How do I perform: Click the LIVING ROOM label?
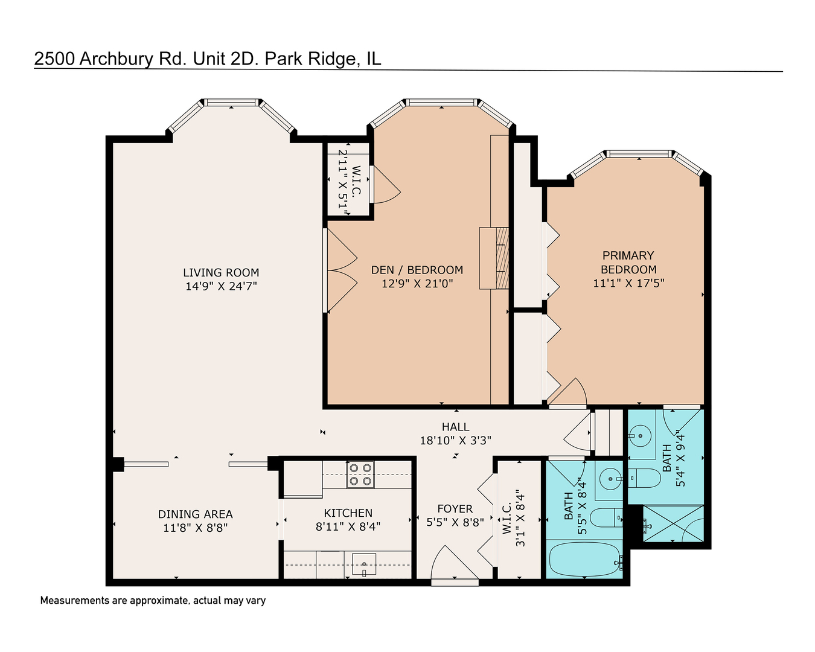click(221, 273)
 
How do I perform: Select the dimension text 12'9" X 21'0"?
click(417, 283)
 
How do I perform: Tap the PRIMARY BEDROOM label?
click(628, 263)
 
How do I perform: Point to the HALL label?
click(455, 427)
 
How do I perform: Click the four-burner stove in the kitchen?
click(360, 475)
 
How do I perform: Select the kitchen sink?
click(364, 565)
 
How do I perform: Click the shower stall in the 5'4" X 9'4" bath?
click(673, 524)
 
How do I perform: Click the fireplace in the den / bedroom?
click(494, 258)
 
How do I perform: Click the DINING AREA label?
click(195, 514)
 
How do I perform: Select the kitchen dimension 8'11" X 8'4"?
click(348, 526)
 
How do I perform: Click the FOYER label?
click(455, 509)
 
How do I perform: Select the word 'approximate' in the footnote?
click(158, 600)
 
